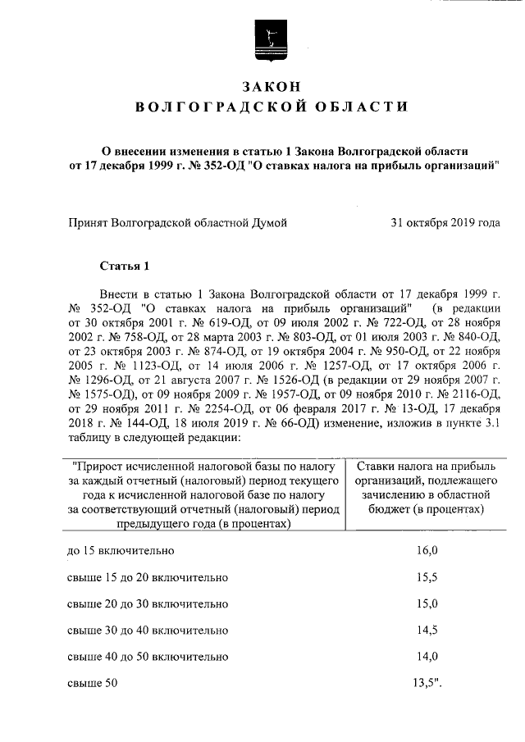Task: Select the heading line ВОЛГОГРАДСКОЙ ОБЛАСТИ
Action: click(270, 107)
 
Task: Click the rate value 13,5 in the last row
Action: click(429, 681)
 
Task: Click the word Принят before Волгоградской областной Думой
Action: click(91, 222)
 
